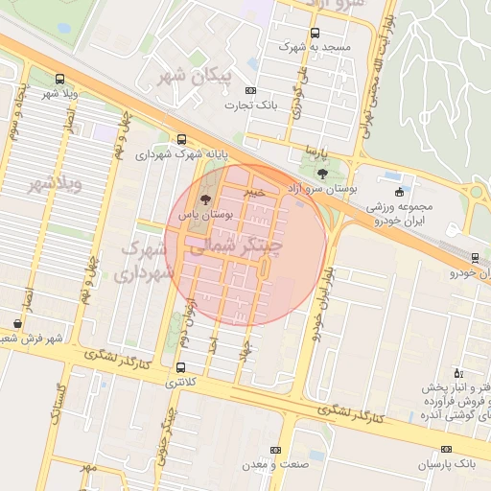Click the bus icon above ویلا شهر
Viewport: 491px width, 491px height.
tap(60, 79)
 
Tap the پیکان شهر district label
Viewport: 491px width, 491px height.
tap(186, 75)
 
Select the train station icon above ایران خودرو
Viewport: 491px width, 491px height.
tap(476, 257)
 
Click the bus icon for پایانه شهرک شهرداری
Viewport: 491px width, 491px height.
tap(182, 139)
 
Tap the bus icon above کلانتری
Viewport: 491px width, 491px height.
tap(181, 366)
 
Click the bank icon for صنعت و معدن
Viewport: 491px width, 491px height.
tap(276, 449)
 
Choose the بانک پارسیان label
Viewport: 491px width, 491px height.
tap(446, 464)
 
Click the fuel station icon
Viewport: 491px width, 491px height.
tap(457, 371)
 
